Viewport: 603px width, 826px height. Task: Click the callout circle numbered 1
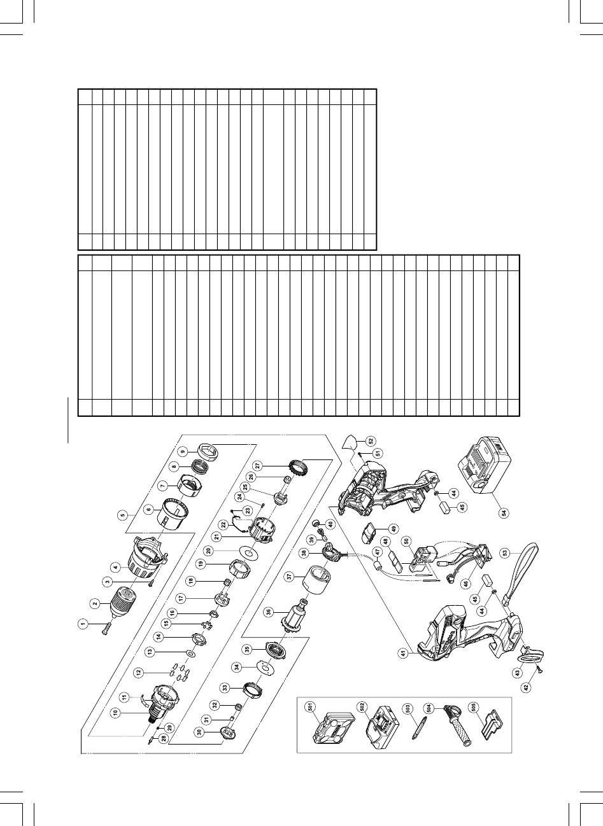click(x=83, y=624)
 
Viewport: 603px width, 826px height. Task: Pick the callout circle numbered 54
click(x=504, y=514)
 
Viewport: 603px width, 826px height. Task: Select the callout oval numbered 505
click(x=471, y=707)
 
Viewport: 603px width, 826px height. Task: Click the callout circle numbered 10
click(x=115, y=713)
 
